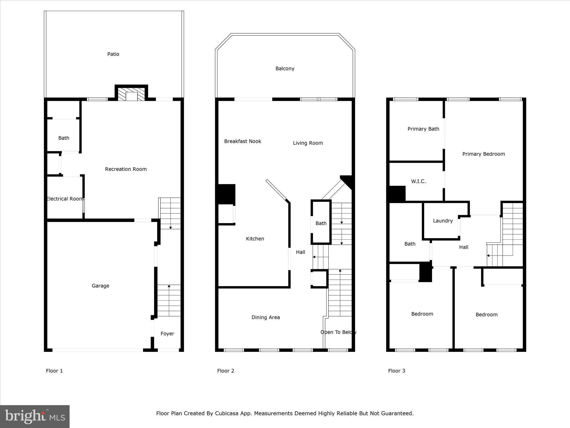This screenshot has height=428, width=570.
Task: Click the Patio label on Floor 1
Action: [x=113, y=54]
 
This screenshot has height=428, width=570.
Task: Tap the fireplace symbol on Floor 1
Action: [x=131, y=94]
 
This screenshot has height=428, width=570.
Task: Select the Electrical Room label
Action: [x=65, y=199]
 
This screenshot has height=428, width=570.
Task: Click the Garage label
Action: [x=100, y=286]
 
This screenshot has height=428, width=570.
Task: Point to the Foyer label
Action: [x=167, y=334]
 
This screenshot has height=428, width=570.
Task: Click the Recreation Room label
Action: [x=126, y=169]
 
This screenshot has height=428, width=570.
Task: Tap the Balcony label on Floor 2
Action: [x=285, y=69]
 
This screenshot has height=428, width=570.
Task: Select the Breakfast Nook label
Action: [x=243, y=141]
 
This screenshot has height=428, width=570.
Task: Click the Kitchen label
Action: [x=255, y=239]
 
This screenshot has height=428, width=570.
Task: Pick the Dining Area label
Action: [x=266, y=317]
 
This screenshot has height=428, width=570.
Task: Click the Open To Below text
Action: [x=338, y=332]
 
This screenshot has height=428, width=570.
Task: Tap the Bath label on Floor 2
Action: [x=321, y=223]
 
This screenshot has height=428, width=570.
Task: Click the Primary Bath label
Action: [x=423, y=129]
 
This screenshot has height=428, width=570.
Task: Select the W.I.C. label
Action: [x=418, y=181]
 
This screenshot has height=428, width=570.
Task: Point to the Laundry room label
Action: [x=443, y=221]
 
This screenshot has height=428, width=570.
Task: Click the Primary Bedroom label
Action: [x=483, y=154]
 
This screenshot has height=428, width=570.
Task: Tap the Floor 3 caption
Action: [x=397, y=371]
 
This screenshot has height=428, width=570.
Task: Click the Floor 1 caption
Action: [x=54, y=371]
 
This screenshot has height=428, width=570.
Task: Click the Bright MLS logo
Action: [x=35, y=417]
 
